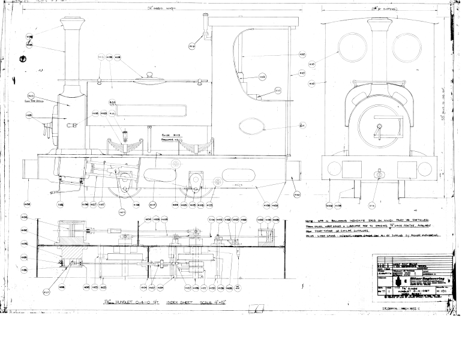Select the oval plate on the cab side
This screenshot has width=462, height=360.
tap(251, 126)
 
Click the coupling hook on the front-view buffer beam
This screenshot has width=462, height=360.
tap(378, 174)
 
